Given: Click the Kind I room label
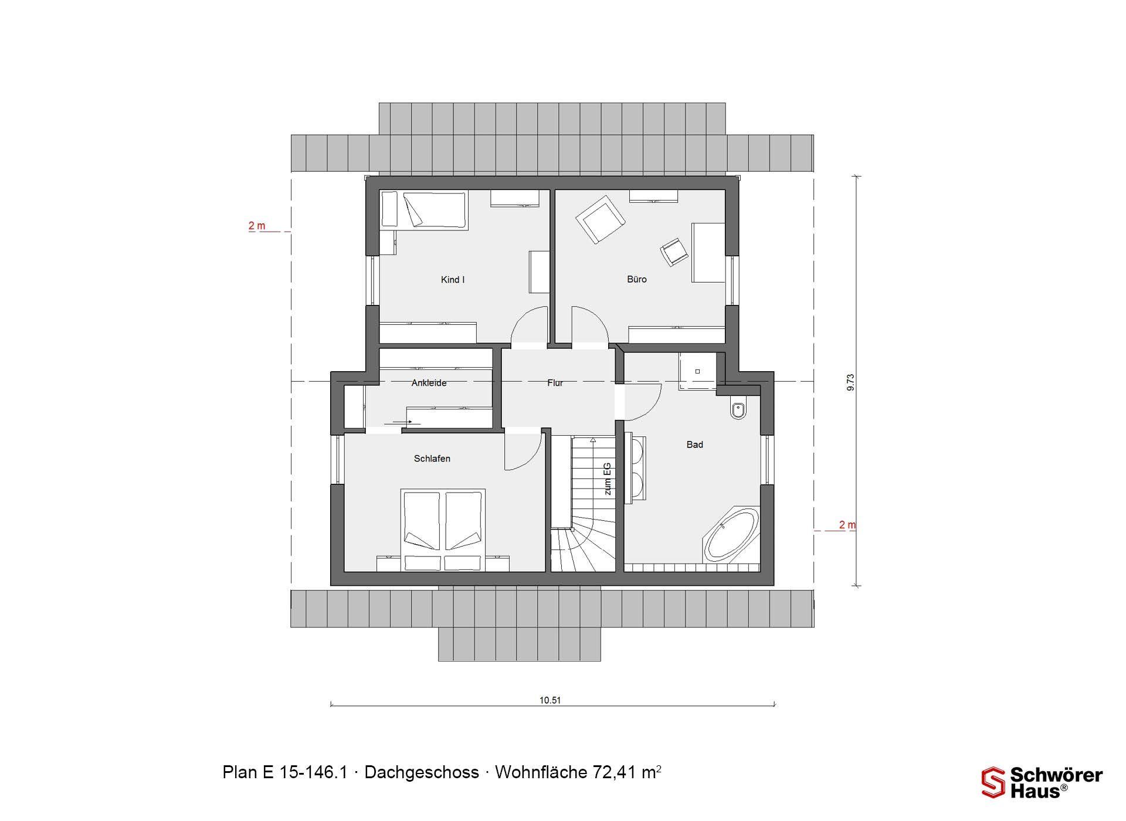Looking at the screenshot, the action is click(x=453, y=280).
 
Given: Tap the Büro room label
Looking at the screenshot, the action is click(x=637, y=279).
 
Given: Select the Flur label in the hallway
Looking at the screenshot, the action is click(x=555, y=383).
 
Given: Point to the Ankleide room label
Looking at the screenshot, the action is click(x=429, y=383).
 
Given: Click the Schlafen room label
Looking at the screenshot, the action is click(x=432, y=459).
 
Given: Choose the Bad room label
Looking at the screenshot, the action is click(x=695, y=445).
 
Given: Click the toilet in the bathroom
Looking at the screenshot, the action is click(x=738, y=409).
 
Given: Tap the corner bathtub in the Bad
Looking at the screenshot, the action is click(x=731, y=536).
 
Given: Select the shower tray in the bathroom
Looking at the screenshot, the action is click(x=698, y=371).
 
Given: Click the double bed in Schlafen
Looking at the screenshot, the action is click(x=443, y=530).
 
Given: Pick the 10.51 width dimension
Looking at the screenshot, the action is click(x=550, y=700).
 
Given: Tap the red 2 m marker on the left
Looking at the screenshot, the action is click(x=257, y=226).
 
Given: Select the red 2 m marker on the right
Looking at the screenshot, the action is click(x=847, y=525).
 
